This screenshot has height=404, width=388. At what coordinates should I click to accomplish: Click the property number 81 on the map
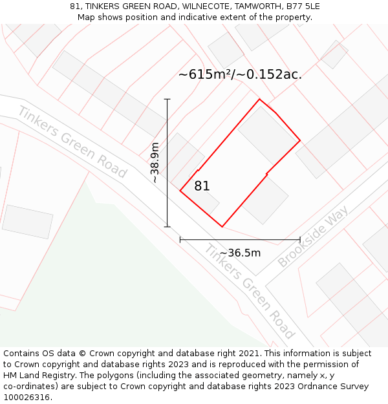[202, 186]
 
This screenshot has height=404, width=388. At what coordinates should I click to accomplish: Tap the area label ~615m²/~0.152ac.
[240, 74]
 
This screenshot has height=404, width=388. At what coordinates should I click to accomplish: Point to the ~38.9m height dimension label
[155, 163]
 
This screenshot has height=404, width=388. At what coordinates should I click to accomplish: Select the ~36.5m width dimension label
[240, 253]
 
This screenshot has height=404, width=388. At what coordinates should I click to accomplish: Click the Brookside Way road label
[313, 237]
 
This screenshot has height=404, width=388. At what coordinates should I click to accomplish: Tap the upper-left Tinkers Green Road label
[72, 142]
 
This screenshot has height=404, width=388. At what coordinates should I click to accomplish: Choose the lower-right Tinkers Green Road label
[250, 292]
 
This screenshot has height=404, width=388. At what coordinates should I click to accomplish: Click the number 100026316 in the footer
[25, 398]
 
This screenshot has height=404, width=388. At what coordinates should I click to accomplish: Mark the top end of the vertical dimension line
[167, 99]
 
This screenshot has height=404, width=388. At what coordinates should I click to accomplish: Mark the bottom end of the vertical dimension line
[167, 227]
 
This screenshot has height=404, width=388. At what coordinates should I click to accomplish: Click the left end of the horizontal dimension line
[180, 240]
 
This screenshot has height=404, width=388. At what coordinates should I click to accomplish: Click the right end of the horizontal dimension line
[300, 240]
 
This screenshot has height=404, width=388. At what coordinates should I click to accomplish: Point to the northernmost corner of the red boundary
[259, 100]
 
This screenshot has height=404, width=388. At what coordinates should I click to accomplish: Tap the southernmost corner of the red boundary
[222, 227]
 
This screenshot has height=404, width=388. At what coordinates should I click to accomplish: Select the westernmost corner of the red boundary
[180, 191]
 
